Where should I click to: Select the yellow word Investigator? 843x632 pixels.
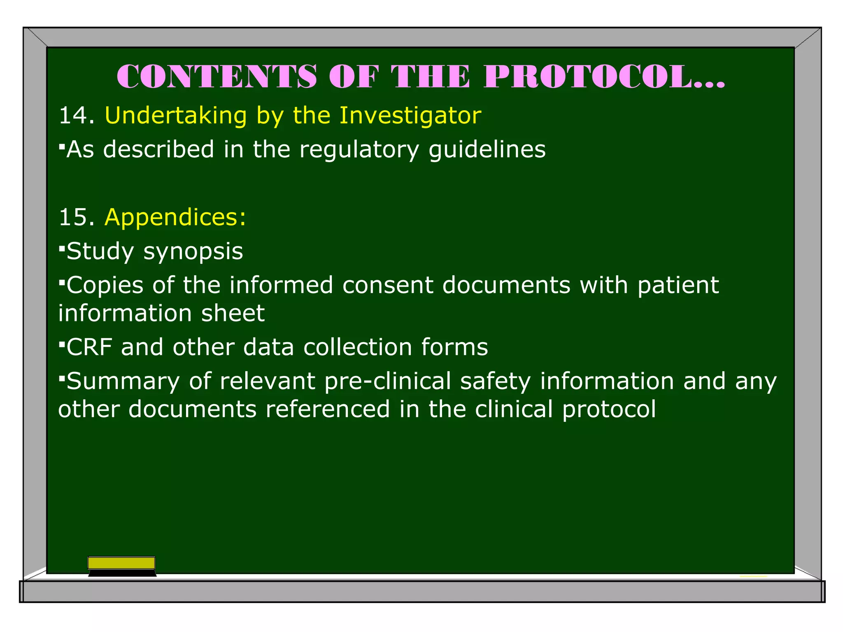tap(410, 116)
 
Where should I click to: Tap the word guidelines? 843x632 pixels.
tap(487, 150)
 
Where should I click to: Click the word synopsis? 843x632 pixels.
tap(193, 252)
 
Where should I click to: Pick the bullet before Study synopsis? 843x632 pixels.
tap(62, 248)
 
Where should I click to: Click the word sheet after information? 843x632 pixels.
tap(233, 314)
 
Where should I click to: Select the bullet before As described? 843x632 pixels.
tap(62, 146)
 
